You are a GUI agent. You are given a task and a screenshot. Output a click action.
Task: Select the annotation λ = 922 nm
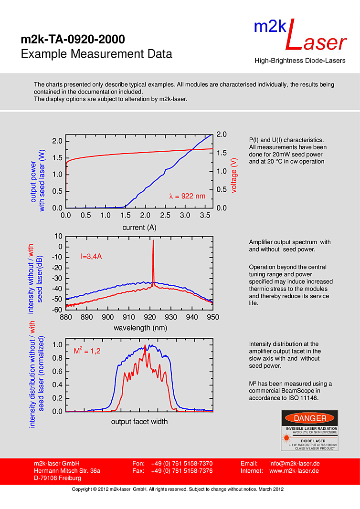pyautogui.click(x=187, y=196)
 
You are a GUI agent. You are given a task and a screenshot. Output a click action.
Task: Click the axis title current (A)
pyautogui.click(x=139, y=228)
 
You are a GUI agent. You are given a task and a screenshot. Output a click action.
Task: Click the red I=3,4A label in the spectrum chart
pyautogui.click(x=91, y=257)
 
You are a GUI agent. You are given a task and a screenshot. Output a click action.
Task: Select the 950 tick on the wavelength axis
pyautogui.click(x=213, y=317)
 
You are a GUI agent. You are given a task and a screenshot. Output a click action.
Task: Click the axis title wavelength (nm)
pyautogui.click(x=139, y=328)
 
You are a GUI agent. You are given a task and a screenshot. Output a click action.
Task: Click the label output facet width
pyautogui.click(x=139, y=422)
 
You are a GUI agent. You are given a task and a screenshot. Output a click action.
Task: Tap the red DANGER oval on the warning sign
pyautogui.click(x=310, y=418)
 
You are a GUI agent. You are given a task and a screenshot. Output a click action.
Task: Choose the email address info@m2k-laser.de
pyautogui.click(x=295, y=464)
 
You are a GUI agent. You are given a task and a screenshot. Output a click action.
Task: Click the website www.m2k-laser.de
pyautogui.click(x=295, y=471)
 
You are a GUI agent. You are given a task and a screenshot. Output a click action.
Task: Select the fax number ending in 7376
pyautogui.click(x=181, y=471)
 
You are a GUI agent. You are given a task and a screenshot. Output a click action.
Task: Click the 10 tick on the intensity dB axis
pyautogui.click(x=59, y=236)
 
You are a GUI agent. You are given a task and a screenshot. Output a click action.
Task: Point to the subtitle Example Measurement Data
pyautogui.click(x=96, y=54)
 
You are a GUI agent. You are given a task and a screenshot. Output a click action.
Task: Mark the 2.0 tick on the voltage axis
pyautogui.click(x=221, y=134)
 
